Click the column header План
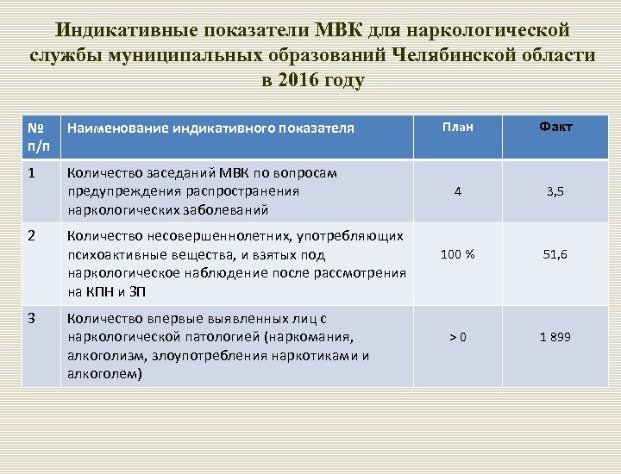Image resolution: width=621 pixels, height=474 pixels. click(457, 128)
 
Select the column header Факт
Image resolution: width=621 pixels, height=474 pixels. click(556, 128)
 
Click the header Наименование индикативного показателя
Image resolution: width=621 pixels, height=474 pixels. click(210, 128)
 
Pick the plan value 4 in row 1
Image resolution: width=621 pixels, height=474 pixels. click(457, 192)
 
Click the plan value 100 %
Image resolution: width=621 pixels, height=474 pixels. click(457, 254)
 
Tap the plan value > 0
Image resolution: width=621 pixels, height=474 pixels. click(457, 337)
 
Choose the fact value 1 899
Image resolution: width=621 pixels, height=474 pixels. click(555, 337)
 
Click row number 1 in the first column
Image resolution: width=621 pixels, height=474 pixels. click(32, 173)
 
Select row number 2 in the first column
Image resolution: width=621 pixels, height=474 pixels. click(32, 234)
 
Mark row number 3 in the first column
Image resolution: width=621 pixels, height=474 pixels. click(32, 317)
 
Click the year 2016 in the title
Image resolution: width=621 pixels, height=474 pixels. click(292, 82)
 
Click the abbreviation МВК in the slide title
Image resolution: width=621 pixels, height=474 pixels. click(340, 30)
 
